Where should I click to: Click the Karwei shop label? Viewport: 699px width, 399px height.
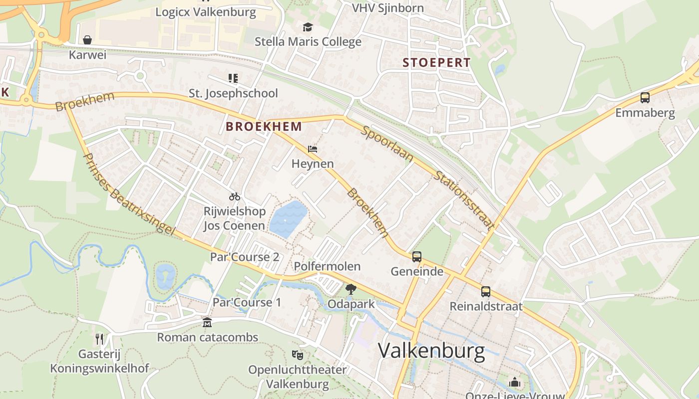88,55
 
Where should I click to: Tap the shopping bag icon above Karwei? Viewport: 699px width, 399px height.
87,39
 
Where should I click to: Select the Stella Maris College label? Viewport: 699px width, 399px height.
308,41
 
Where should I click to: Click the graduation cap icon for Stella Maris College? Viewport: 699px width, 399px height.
308,26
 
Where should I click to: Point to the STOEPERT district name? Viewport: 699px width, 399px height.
436,63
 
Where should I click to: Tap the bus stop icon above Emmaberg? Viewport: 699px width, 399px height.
645,98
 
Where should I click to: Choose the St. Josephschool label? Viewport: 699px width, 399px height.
233,93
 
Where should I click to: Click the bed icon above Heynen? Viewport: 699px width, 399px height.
313,149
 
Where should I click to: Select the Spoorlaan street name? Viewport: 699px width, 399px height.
387,143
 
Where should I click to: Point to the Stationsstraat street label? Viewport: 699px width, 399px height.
464,200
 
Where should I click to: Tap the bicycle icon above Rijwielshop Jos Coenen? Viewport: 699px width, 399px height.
234,197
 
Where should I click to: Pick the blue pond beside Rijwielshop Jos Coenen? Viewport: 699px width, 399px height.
288,218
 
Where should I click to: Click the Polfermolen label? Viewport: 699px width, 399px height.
327,266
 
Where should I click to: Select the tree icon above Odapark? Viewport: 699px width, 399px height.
351,289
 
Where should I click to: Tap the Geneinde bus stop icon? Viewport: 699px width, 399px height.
417,257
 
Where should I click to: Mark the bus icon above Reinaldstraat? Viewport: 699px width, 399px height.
486,292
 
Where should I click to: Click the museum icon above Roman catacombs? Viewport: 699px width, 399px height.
207,323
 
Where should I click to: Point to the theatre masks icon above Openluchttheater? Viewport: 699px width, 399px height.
298,355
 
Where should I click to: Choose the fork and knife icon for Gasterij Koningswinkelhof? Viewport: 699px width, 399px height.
99,339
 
